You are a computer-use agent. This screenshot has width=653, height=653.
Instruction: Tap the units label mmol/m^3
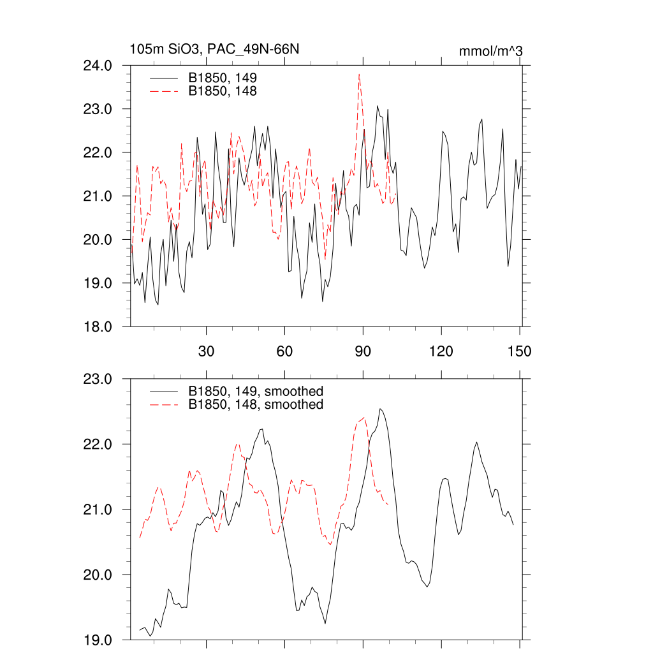click(491, 51)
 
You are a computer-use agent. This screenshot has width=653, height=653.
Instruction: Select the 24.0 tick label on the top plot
click(99, 66)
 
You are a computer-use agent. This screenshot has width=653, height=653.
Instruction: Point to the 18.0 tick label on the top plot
click(99, 326)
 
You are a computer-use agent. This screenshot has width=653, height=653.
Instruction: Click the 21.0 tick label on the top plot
click(99, 196)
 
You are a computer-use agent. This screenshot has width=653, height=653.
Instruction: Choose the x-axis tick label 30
click(206, 351)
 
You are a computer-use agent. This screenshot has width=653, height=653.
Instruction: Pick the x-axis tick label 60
click(284, 351)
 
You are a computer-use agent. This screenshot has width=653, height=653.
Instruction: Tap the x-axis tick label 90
click(363, 351)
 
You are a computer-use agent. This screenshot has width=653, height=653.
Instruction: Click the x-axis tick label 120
click(441, 351)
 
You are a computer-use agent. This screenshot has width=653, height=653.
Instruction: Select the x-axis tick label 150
click(520, 351)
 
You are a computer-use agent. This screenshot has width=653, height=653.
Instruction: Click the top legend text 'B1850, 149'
click(222, 78)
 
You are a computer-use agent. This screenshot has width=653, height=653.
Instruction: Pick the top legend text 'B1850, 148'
click(222, 91)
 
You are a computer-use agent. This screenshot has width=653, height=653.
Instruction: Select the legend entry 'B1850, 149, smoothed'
click(255, 391)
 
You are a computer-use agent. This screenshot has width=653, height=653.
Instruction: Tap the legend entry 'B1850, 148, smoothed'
click(255, 405)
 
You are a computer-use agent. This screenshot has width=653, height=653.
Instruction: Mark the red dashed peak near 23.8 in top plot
click(359, 75)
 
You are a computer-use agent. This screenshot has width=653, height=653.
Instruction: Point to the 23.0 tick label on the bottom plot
click(99, 379)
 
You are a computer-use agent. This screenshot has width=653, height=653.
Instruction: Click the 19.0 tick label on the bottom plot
click(99, 640)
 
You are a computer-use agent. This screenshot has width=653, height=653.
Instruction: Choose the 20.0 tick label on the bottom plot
click(99, 575)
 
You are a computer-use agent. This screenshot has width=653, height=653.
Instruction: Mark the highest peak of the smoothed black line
click(380, 409)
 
